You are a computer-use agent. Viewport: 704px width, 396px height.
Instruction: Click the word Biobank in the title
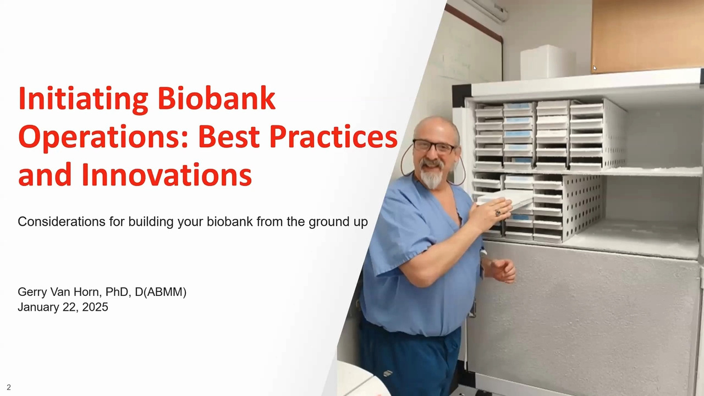click(x=216, y=98)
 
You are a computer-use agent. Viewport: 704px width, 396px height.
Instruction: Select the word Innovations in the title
click(x=167, y=175)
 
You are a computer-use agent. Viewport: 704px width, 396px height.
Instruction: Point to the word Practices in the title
click(x=333, y=136)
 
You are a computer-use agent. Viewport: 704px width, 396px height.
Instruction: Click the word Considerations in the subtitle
click(x=62, y=222)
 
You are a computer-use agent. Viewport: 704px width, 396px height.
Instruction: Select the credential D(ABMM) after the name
click(x=161, y=292)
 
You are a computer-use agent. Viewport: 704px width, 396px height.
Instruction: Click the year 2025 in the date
click(x=95, y=307)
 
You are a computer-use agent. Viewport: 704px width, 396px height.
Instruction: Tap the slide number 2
click(x=9, y=387)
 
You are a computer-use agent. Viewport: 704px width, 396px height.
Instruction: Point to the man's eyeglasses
click(x=434, y=146)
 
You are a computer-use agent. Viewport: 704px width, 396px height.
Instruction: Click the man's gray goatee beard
click(x=432, y=176)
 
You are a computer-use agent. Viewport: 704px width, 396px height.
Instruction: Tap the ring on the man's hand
click(x=498, y=213)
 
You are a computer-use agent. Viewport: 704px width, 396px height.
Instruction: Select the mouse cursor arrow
click(x=595, y=68)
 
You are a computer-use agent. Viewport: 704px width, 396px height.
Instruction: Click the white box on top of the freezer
click(x=547, y=63)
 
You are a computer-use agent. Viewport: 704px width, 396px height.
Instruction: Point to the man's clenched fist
click(x=502, y=271)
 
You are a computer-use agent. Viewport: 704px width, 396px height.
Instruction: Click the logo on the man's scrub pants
click(x=388, y=373)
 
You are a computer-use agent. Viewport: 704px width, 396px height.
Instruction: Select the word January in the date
click(x=38, y=307)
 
